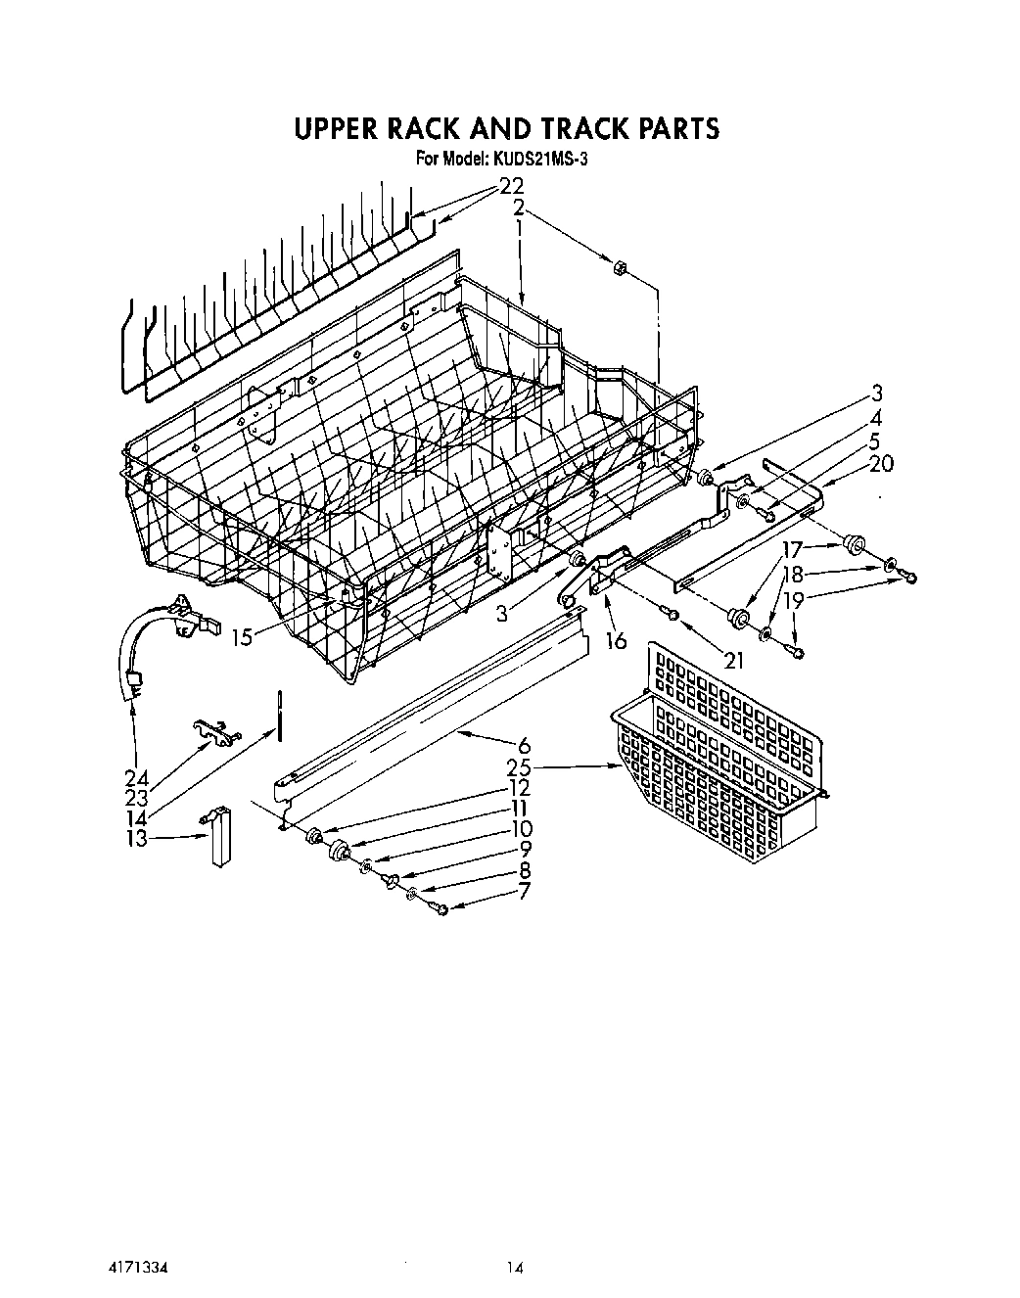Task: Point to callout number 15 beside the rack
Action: point(247,636)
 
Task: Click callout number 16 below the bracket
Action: point(616,640)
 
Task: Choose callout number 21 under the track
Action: point(734,661)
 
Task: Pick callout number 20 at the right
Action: point(881,464)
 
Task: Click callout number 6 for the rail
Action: point(524,745)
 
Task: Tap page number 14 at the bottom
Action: point(515,1268)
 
